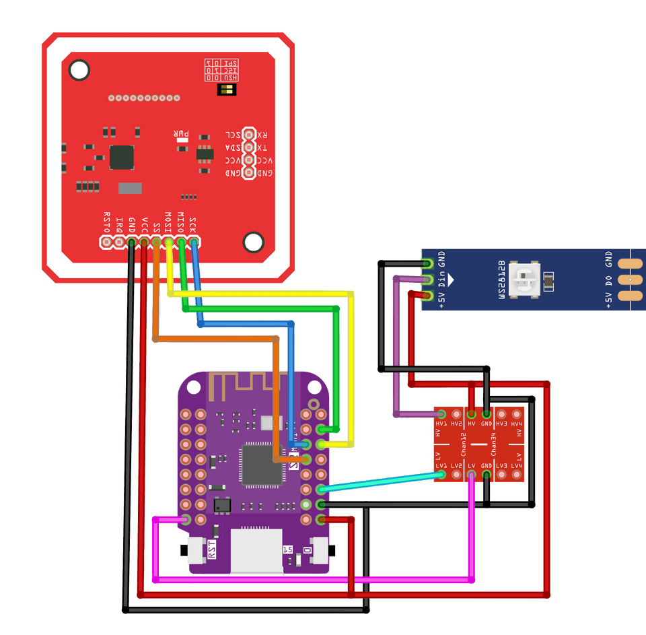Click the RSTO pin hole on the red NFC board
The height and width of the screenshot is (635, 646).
106,241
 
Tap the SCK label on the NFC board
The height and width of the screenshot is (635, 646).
193,223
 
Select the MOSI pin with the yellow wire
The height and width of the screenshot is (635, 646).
168,241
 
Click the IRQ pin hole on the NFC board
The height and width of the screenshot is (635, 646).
119,241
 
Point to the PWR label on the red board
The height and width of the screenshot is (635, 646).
182,134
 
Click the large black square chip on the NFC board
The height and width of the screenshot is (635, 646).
122,157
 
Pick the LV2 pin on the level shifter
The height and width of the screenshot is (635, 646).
456,475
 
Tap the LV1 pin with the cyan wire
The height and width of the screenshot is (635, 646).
441,475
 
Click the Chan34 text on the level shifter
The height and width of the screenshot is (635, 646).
495,445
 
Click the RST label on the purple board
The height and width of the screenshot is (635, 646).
213,549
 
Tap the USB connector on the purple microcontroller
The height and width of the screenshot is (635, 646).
256,551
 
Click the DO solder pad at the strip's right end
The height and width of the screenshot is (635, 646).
629,279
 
